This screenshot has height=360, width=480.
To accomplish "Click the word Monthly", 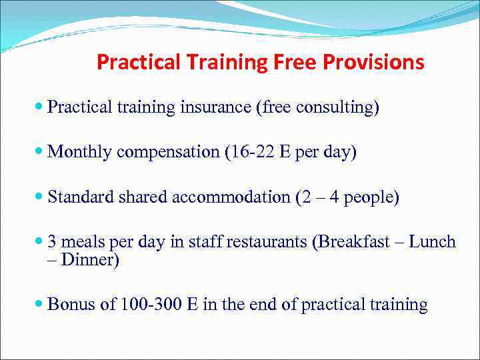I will pyautogui.click(x=80, y=153).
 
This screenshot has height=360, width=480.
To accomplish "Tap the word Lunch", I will pyautogui.click(x=432, y=242).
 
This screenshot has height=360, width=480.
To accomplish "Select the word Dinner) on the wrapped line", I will pyautogui.click(x=90, y=259).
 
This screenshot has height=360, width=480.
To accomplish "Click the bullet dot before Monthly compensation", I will pyautogui.click(x=41, y=153).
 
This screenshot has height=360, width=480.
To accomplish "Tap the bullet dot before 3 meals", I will pyautogui.click(x=41, y=242).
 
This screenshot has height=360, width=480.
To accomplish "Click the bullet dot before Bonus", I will pyautogui.click(x=41, y=305).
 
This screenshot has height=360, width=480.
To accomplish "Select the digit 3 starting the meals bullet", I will pyautogui.click(x=52, y=242).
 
